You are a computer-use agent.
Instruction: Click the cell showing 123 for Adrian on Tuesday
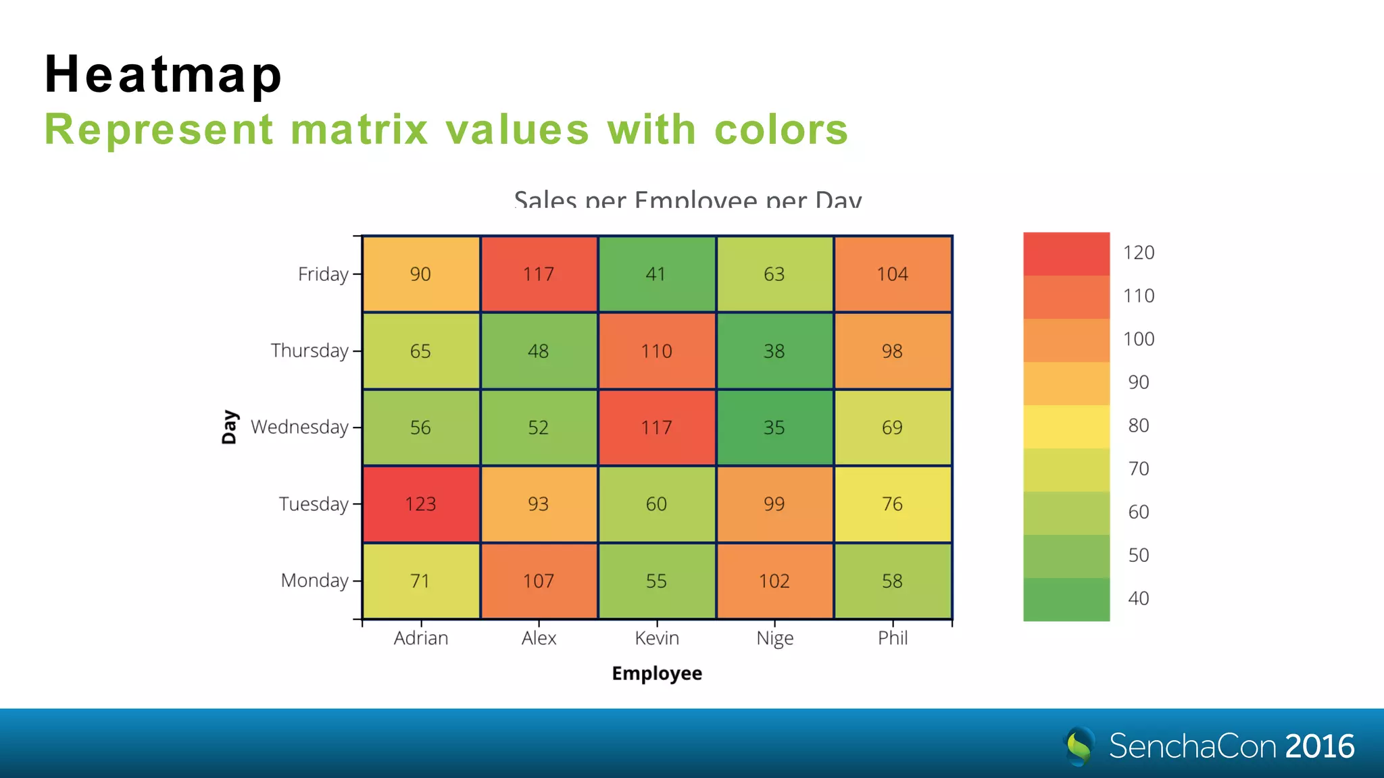[x=420, y=504]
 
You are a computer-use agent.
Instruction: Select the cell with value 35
[x=774, y=427]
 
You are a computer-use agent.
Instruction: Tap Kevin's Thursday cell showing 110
[x=656, y=351]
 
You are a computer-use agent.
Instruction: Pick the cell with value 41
[x=656, y=274]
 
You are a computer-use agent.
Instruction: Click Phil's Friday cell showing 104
[x=892, y=274]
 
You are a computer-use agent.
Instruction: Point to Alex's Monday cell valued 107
[x=539, y=581]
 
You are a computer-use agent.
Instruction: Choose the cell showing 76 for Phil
[x=892, y=504]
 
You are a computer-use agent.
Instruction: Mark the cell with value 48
[x=539, y=351]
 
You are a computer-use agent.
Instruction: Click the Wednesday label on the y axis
[x=299, y=427]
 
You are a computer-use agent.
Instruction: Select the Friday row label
[x=323, y=274]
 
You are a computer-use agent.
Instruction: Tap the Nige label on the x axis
[x=774, y=638]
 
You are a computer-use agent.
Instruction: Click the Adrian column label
[x=420, y=638]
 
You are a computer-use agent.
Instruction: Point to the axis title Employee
[x=656, y=673]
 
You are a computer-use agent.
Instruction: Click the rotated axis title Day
[x=229, y=427]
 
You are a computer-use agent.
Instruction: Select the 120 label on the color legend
[x=1139, y=253]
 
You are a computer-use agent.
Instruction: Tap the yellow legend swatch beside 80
[x=1066, y=426]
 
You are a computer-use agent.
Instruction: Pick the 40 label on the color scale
[x=1139, y=598]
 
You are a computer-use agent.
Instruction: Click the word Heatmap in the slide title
[x=163, y=74]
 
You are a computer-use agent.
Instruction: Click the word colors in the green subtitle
[x=781, y=129]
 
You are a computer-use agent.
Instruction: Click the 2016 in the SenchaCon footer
[x=1320, y=746]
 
